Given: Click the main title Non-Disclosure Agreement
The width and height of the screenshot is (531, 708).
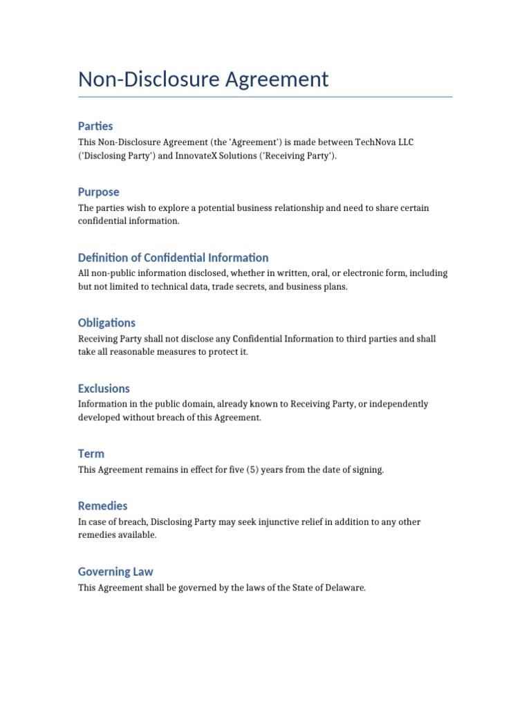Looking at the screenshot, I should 203,80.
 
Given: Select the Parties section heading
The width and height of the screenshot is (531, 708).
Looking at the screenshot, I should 95,126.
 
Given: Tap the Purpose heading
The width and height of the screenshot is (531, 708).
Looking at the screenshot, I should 98,192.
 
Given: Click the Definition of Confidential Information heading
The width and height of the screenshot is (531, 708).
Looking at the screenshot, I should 173,257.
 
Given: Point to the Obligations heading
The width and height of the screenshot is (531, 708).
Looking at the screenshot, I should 106,323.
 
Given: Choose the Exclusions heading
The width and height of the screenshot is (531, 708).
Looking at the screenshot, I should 104,389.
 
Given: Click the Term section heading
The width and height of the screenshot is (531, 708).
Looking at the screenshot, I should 91,454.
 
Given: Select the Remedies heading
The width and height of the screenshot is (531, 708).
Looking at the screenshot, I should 103,506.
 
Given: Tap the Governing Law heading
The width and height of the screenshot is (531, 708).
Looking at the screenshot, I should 115,572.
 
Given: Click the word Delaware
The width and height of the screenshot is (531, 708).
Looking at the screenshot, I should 341,588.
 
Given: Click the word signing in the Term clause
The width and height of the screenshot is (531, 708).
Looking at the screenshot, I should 366,470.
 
